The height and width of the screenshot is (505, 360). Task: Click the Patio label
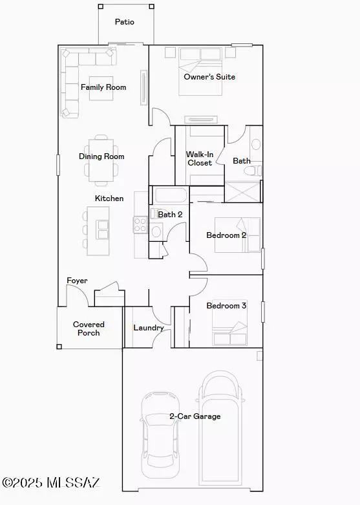125,22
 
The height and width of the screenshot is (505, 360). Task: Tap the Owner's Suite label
209,77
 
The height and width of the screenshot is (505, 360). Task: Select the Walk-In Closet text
200,158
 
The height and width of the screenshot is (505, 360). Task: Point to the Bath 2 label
170,215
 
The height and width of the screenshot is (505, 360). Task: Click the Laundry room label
149,328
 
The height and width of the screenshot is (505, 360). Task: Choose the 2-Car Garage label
195,416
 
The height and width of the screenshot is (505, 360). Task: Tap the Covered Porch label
89,328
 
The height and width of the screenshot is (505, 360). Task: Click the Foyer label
77,281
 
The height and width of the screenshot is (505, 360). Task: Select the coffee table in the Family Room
101,88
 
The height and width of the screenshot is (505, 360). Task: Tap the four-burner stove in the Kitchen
141,225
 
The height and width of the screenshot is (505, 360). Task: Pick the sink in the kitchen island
103,230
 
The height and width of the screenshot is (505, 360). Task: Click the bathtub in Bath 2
171,195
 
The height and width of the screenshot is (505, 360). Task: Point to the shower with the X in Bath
242,192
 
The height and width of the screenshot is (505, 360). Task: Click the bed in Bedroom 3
229,323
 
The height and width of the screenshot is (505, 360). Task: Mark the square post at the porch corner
59,347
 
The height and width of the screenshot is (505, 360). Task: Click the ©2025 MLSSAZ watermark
51,482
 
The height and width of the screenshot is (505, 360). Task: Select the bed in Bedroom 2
238,235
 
